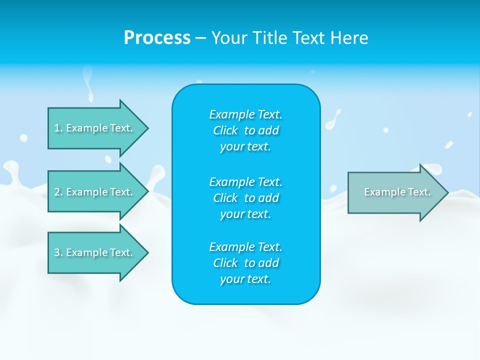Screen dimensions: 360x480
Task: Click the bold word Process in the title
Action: click(x=157, y=38)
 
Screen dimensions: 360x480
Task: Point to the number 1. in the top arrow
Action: click(x=58, y=128)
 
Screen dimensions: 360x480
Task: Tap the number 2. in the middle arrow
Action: click(x=58, y=192)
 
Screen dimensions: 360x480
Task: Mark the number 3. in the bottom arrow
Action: click(x=58, y=252)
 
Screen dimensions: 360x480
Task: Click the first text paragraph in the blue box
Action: click(x=245, y=130)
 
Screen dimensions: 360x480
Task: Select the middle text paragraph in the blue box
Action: click(x=245, y=198)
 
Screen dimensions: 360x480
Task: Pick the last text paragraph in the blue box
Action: click(x=245, y=263)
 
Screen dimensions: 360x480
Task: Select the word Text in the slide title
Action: click(x=309, y=38)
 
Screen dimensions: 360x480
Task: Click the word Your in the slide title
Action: click(x=230, y=38)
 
